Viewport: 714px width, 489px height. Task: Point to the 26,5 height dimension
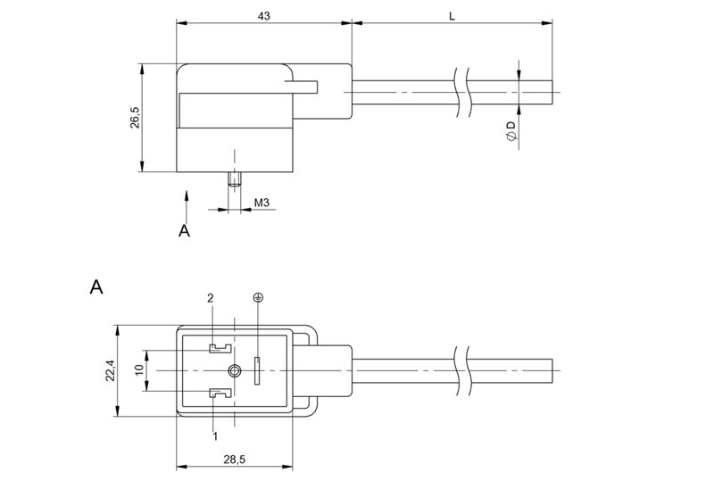click(134, 117)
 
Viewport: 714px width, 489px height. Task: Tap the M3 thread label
click(262, 203)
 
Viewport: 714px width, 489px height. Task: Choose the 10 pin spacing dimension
click(138, 369)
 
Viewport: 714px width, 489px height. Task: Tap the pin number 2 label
click(212, 297)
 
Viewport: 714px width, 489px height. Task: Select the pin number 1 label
click(215, 435)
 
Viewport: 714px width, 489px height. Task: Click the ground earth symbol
click(260, 297)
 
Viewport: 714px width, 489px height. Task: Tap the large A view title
click(98, 287)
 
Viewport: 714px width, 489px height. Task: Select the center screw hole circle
click(234, 370)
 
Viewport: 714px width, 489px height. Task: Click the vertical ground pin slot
click(259, 370)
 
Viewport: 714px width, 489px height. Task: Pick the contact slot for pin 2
click(219, 348)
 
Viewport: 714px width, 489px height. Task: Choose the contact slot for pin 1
click(219, 394)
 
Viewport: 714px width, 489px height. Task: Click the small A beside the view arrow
click(185, 230)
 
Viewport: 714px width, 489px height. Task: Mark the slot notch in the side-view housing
click(302, 86)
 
